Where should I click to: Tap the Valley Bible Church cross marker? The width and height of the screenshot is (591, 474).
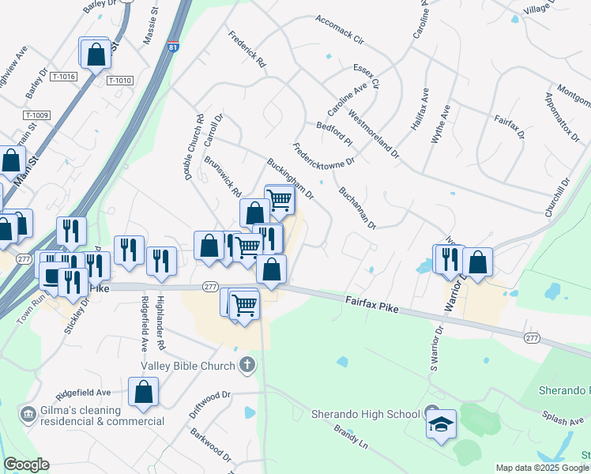[247, 365]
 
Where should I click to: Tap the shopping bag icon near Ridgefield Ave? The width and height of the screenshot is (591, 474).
[143, 391]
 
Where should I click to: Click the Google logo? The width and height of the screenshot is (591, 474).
[26, 465]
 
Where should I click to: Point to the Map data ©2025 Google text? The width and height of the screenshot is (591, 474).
[541, 468]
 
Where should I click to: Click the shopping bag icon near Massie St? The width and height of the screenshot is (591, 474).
[95, 54]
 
